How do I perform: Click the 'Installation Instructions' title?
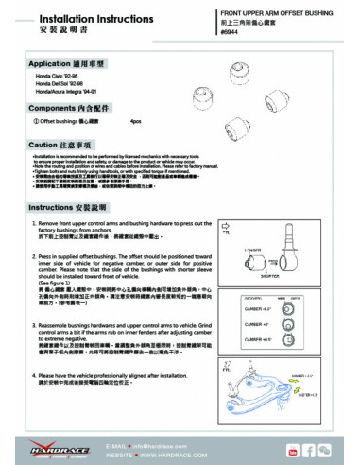[70, 17]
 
